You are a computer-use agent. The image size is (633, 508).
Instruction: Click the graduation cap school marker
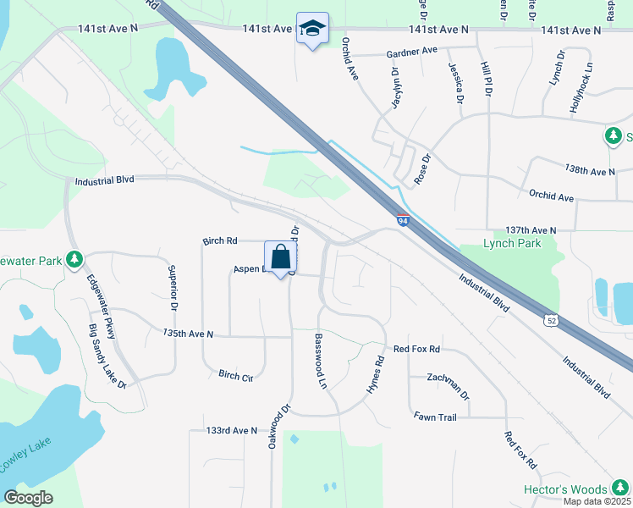pyautogui.click(x=312, y=29)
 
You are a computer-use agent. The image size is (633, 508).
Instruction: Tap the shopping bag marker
pyautogui.click(x=280, y=257)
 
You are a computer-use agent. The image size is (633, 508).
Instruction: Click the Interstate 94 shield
pyautogui.click(x=403, y=221)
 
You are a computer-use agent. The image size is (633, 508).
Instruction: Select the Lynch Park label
pyautogui.click(x=511, y=243)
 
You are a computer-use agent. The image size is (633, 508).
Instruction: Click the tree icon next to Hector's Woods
pyautogui.click(x=620, y=489)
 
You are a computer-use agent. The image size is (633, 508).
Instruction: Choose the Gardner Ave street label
pyautogui.click(x=410, y=51)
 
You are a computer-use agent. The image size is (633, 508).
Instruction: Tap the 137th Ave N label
pyautogui.click(x=531, y=229)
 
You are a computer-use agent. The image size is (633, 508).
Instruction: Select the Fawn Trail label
pyautogui.click(x=435, y=417)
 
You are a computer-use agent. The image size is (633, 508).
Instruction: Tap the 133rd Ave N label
pyautogui.click(x=231, y=431)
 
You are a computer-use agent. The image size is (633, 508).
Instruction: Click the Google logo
pyautogui.click(x=29, y=497)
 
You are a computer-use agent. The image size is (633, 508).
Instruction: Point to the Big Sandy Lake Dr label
pyautogui.click(x=107, y=356)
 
